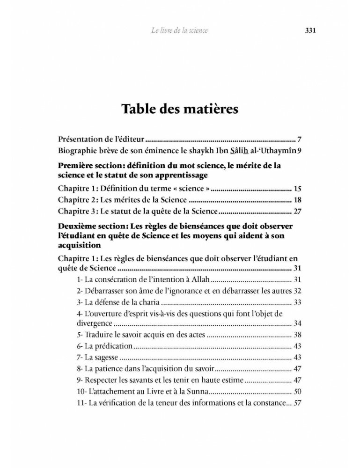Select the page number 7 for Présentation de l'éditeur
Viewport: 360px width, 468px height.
pos(298,140)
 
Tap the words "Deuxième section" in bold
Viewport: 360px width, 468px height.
pos(88,226)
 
